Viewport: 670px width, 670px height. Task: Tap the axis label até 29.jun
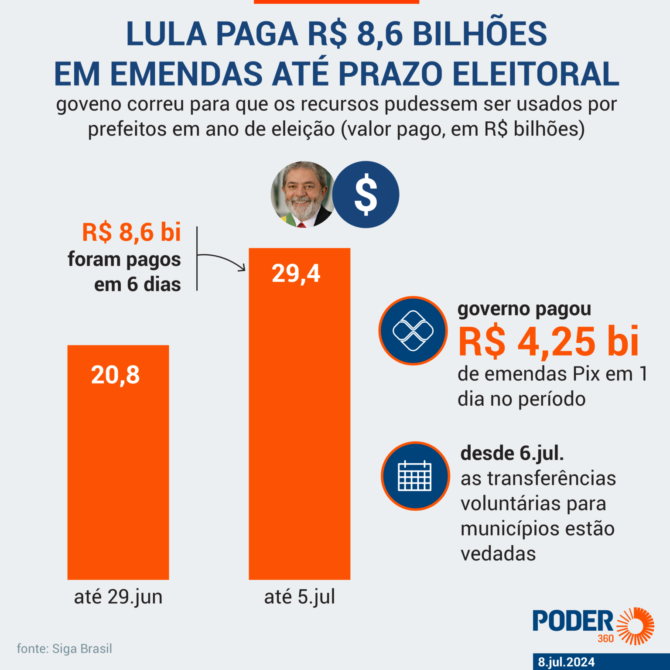click(x=118, y=597)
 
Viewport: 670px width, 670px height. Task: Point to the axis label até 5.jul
click(x=300, y=597)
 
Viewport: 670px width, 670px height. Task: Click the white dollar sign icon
click(x=366, y=195)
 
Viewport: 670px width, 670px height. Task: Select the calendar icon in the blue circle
click(x=415, y=476)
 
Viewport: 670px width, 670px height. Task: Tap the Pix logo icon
click(x=413, y=331)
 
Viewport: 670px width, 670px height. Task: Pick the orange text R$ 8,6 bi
click(x=131, y=232)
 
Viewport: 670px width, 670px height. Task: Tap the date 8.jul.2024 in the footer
click(x=566, y=662)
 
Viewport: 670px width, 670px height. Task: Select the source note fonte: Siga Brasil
click(x=65, y=649)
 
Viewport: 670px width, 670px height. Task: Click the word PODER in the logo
click(x=572, y=621)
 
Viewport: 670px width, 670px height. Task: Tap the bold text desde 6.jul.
click(x=512, y=453)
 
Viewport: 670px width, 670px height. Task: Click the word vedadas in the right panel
click(x=498, y=554)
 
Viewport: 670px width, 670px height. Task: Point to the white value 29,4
click(x=296, y=274)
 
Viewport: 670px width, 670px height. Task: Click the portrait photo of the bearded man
click(x=303, y=195)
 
